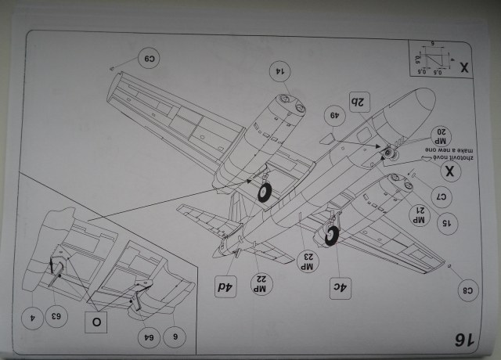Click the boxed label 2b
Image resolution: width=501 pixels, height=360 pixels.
point(359,102)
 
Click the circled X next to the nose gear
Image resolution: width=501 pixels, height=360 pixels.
point(451,171)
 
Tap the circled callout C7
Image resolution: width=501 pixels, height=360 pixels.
point(441,195)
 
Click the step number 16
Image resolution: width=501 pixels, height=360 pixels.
point(463,339)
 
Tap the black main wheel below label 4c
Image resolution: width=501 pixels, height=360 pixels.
point(333,234)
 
